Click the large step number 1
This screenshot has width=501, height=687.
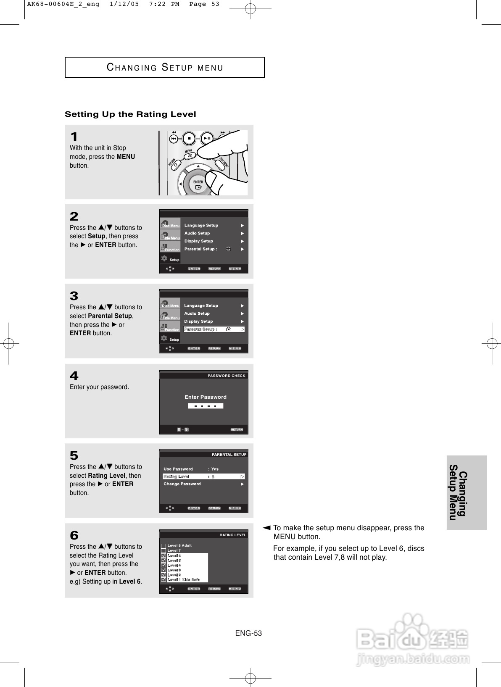[x=74, y=137]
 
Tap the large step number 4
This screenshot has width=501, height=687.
[x=74, y=376]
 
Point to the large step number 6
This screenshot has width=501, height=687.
[x=74, y=536]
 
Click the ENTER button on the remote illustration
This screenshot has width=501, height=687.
[x=198, y=185]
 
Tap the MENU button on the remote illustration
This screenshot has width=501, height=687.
[x=189, y=155]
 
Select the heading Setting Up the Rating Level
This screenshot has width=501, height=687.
[x=130, y=114]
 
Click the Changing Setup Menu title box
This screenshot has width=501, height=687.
[x=165, y=67]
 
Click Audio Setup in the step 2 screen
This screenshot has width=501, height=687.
[x=197, y=233]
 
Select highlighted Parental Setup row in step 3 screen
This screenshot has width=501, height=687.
[x=214, y=329]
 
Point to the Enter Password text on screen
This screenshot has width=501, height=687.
[x=206, y=397]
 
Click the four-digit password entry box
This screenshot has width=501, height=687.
[x=206, y=406]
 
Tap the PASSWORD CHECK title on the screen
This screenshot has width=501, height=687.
[x=226, y=376]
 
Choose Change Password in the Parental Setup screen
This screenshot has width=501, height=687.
[x=182, y=484]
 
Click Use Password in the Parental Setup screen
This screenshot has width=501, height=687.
[x=178, y=469]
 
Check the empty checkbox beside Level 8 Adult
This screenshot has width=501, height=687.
[x=163, y=546]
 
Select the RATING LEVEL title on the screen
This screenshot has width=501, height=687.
[x=232, y=535]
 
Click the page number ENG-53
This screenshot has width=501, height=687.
[x=248, y=633]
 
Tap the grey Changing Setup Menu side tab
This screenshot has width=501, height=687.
[x=466, y=492]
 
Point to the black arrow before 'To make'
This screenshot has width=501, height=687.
[x=266, y=527]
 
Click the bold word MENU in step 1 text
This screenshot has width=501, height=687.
[x=126, y=157]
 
